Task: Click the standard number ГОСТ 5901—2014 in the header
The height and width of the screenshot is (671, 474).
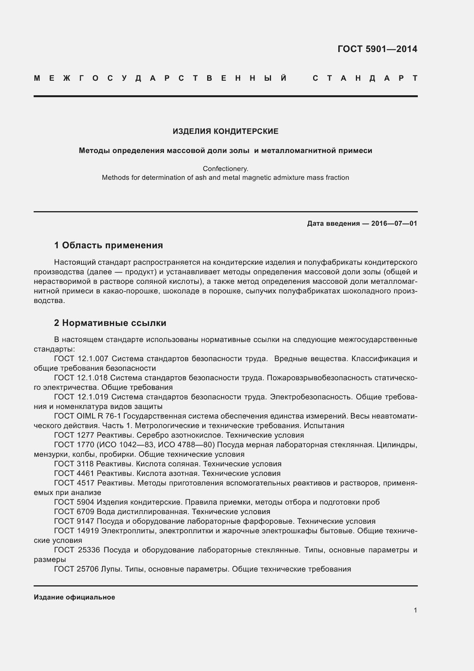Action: point(377,49)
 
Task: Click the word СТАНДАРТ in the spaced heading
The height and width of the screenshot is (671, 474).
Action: point(365,78)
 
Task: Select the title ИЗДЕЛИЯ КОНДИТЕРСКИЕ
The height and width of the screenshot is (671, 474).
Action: point(226,131)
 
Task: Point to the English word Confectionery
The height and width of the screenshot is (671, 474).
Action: point(226,168)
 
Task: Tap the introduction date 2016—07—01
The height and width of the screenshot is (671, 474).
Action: point(394,223)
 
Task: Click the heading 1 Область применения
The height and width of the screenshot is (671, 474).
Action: point(109,245)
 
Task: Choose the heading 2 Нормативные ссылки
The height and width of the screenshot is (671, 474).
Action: point(110,323)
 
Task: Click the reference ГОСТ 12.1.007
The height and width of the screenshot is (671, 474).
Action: point(81,359)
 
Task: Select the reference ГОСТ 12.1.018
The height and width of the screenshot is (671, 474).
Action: point(81,378)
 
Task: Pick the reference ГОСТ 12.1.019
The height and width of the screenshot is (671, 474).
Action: point(81,397)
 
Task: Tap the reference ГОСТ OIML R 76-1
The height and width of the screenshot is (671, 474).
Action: point(88,416)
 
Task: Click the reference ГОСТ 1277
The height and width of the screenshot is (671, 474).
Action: point(74,435)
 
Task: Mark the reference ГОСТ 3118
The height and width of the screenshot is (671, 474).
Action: point(74,464)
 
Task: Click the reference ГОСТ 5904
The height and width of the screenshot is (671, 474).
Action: point(74,502)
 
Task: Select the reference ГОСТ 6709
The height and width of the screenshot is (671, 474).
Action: point(74,512)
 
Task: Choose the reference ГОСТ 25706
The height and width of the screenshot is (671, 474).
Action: point(76,569)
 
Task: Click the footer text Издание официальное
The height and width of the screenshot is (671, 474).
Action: point(74,597)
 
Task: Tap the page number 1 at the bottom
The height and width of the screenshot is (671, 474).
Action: point(415,610)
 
